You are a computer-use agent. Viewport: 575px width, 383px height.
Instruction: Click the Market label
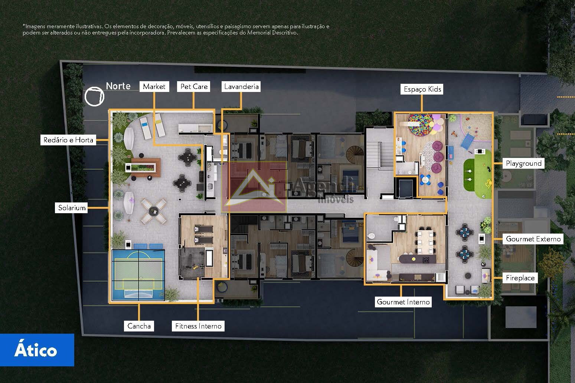154,86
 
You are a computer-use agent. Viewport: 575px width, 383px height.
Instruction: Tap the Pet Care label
194,86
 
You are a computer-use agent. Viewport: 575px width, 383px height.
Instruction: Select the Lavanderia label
241,86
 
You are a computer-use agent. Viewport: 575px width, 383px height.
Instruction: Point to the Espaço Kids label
422,89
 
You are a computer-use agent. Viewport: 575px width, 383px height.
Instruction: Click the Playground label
523,163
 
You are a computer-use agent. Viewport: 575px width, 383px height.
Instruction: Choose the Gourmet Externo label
533,239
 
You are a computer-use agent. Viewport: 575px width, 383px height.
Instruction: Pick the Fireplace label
520,278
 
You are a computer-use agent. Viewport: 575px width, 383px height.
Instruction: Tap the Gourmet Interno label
403,302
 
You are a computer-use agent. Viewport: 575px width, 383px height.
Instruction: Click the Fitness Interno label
198,326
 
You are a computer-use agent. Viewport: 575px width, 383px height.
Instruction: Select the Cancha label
139,326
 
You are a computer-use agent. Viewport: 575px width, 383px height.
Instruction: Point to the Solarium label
71,208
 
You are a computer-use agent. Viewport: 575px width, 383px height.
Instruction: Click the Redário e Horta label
68,140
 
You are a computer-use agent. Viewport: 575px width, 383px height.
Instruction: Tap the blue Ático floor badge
37,350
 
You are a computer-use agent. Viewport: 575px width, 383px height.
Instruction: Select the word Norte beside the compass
118,86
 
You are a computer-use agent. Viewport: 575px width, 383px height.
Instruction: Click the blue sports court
138,275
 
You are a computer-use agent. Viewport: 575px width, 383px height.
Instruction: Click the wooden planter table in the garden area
146,168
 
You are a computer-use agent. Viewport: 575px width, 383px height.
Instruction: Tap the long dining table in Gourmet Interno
425,242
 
